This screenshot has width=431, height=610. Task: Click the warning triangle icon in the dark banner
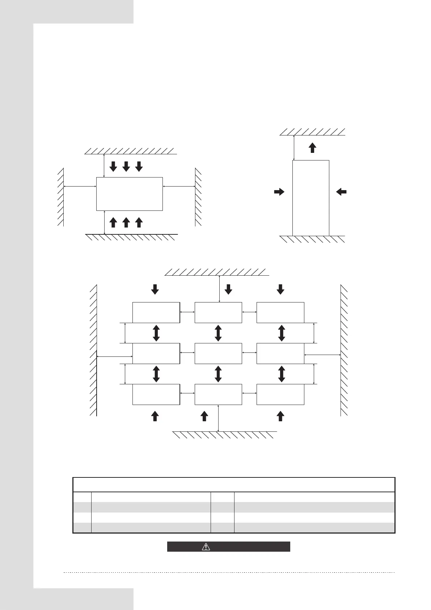(206, 546)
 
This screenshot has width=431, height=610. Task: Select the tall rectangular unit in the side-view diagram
(310, 198)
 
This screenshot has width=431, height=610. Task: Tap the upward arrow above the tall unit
(313, 147)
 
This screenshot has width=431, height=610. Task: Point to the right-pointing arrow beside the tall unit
(279, 192)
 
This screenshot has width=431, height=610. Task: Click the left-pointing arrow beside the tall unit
(341, 192)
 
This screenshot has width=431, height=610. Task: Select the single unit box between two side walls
(129, 194)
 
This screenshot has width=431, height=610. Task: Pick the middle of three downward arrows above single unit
(126, 166)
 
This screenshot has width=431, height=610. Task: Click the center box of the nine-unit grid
(218, 353)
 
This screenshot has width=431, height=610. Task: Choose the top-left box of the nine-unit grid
(156, 312)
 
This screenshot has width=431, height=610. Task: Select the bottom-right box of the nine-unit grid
(280, 394)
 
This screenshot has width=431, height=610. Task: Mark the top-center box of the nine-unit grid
(218, 312)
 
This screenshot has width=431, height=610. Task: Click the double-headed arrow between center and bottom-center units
(218, 374)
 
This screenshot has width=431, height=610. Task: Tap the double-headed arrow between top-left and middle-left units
(156, 333)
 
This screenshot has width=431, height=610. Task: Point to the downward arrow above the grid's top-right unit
(280, 289)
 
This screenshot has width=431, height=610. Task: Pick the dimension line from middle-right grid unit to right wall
(322, 355)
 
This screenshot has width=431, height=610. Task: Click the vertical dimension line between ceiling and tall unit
(294, 147)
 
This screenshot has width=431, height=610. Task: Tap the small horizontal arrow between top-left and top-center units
(187, 312)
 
